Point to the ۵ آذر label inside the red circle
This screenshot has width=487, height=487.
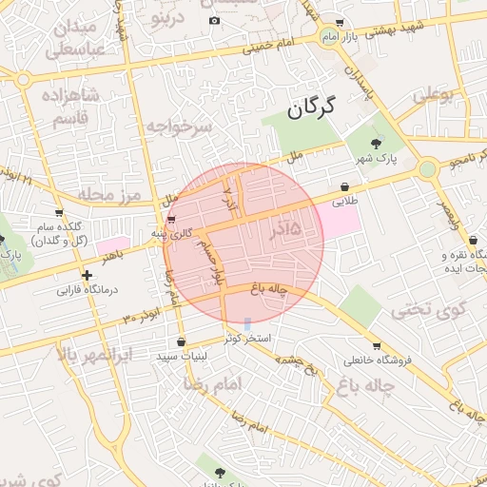coord(284,229)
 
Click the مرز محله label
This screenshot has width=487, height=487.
coord(110,196)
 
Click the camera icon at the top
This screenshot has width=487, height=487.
coord(214,21)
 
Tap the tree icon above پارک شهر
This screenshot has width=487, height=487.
coord(377,144)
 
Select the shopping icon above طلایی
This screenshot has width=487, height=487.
coord(343,187)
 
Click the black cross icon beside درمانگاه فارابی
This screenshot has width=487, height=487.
coord(87,275)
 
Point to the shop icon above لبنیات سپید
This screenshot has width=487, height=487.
coord(181,341)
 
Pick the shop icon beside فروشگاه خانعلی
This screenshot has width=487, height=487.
coord(377,346)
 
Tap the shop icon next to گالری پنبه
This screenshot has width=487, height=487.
coord(171,221)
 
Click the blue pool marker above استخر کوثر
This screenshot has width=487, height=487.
coord(247,324)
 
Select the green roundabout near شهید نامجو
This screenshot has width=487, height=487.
coord(427,169)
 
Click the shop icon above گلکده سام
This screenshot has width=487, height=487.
coord(60,212)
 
